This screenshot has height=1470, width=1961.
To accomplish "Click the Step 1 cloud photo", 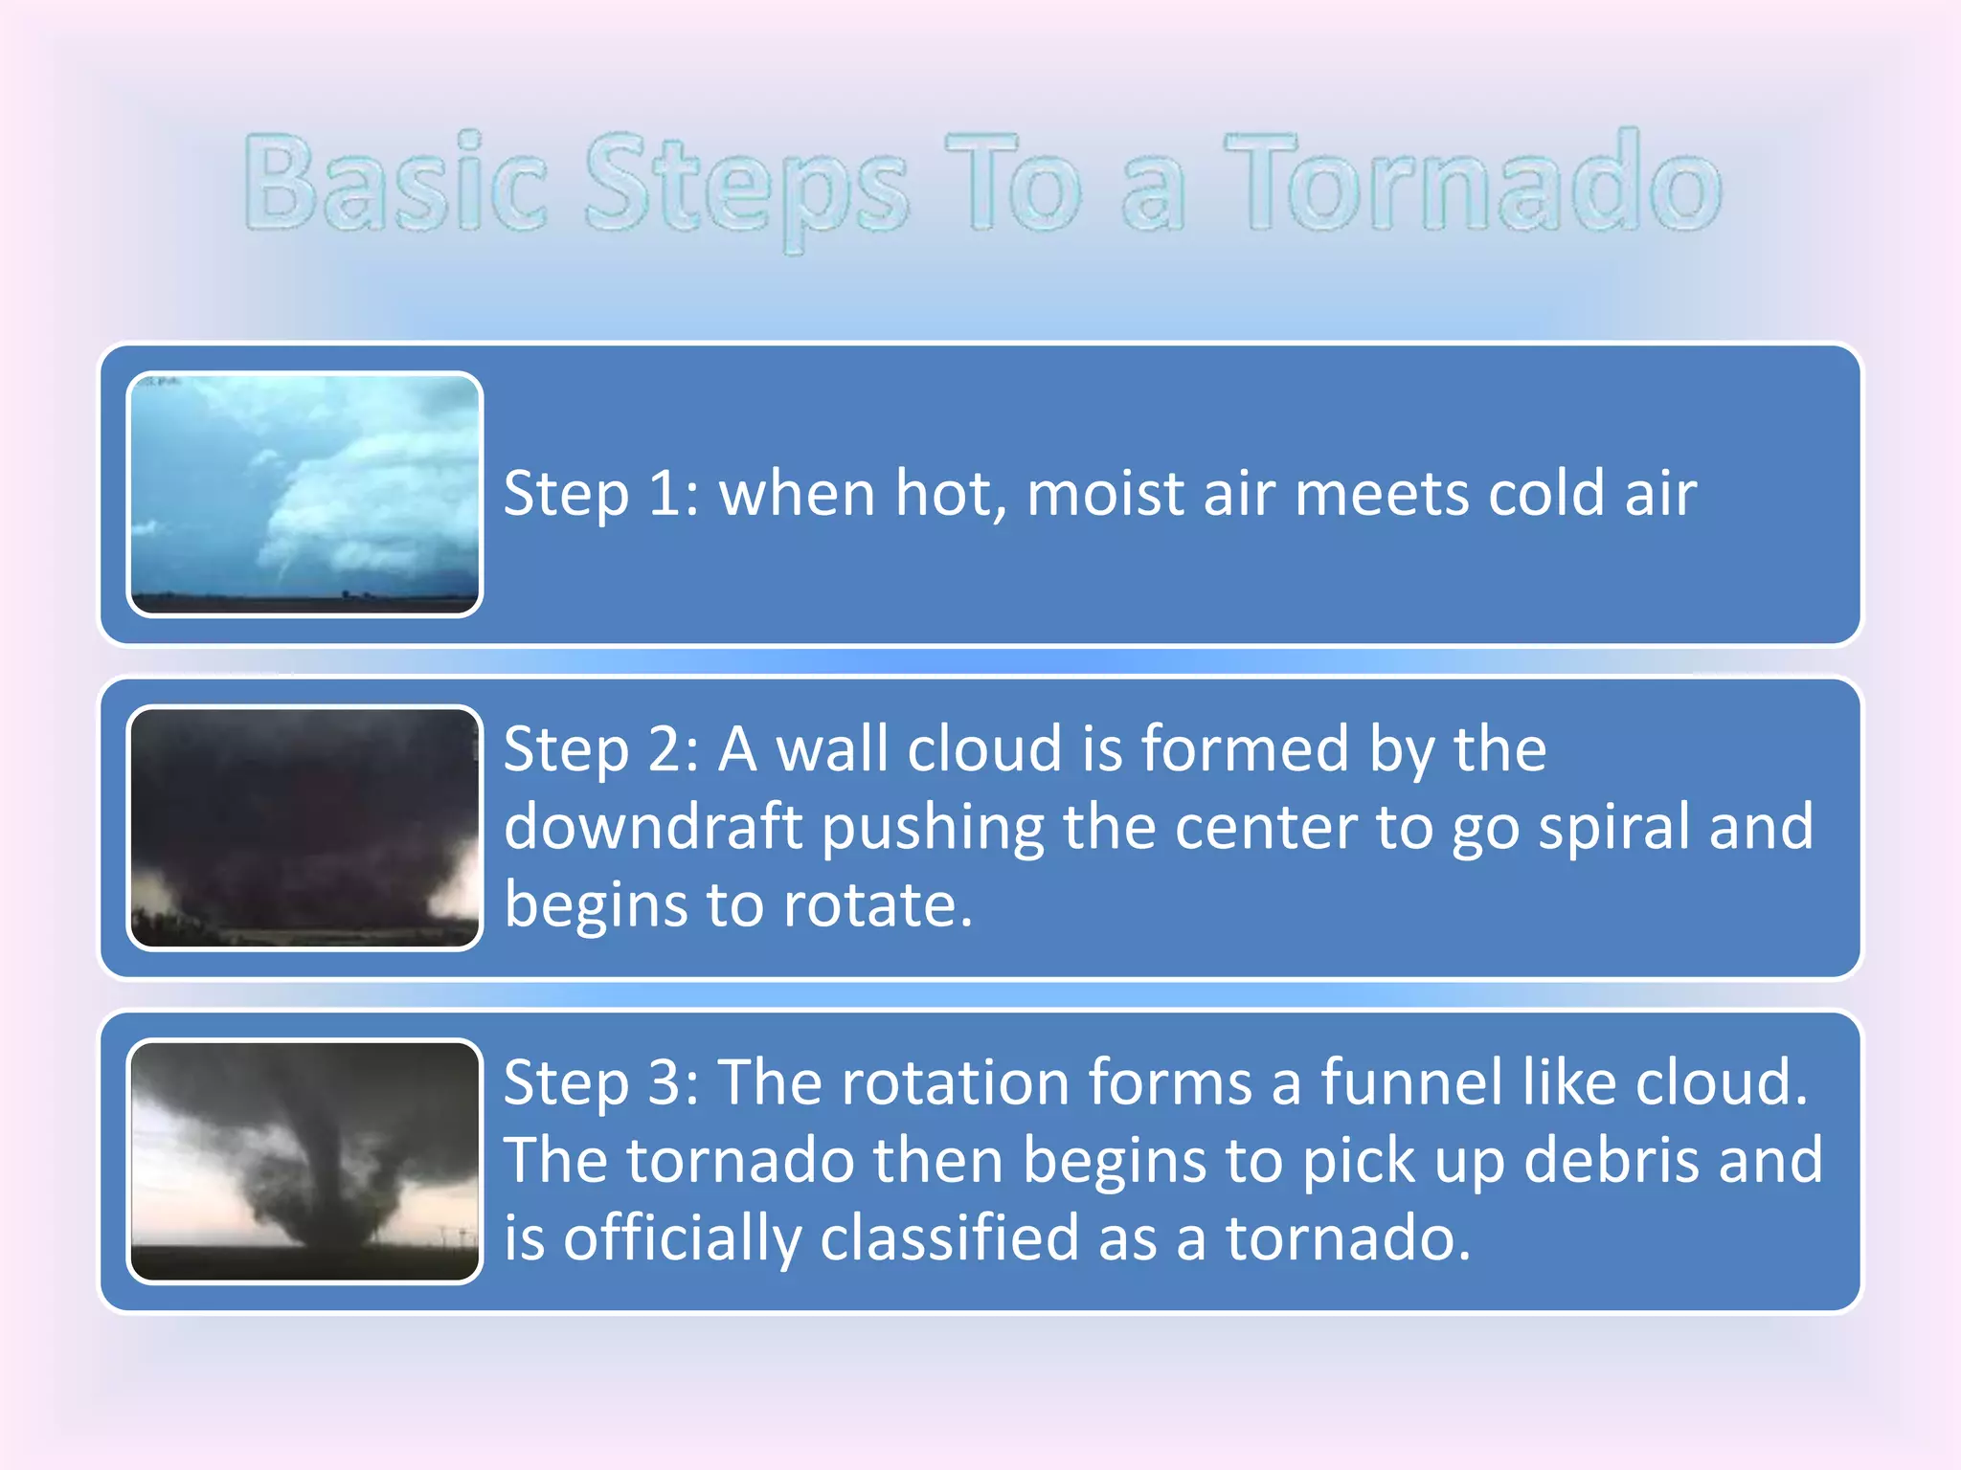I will pos(304,494).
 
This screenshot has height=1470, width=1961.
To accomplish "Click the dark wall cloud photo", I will pos(304,827).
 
